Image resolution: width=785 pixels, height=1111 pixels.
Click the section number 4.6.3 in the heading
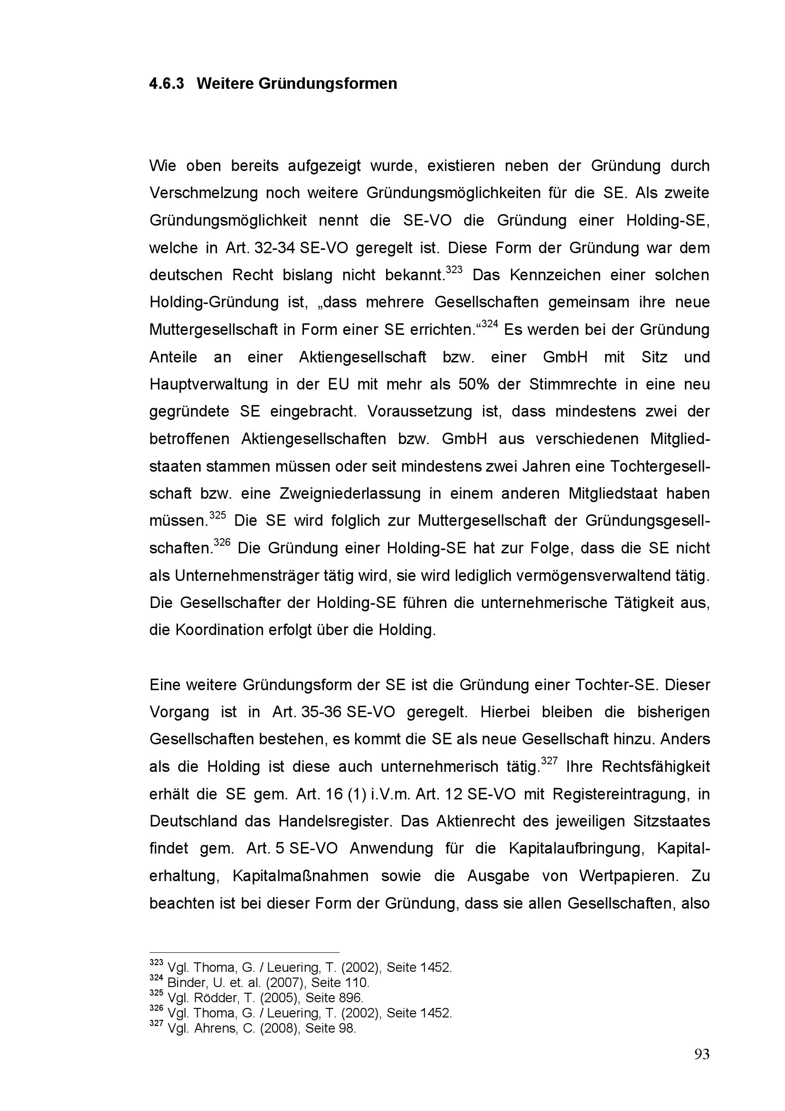(166, 84)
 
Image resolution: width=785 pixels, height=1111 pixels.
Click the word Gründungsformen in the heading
(328, 84)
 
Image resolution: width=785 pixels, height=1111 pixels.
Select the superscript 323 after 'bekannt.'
(454, 269)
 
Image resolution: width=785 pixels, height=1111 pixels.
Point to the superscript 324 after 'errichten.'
(490, 324)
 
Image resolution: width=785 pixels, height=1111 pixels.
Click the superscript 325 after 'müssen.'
(218, 515)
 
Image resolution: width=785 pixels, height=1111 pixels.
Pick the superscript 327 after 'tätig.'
(549, 761)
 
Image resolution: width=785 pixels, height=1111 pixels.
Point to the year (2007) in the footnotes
(282, 983)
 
